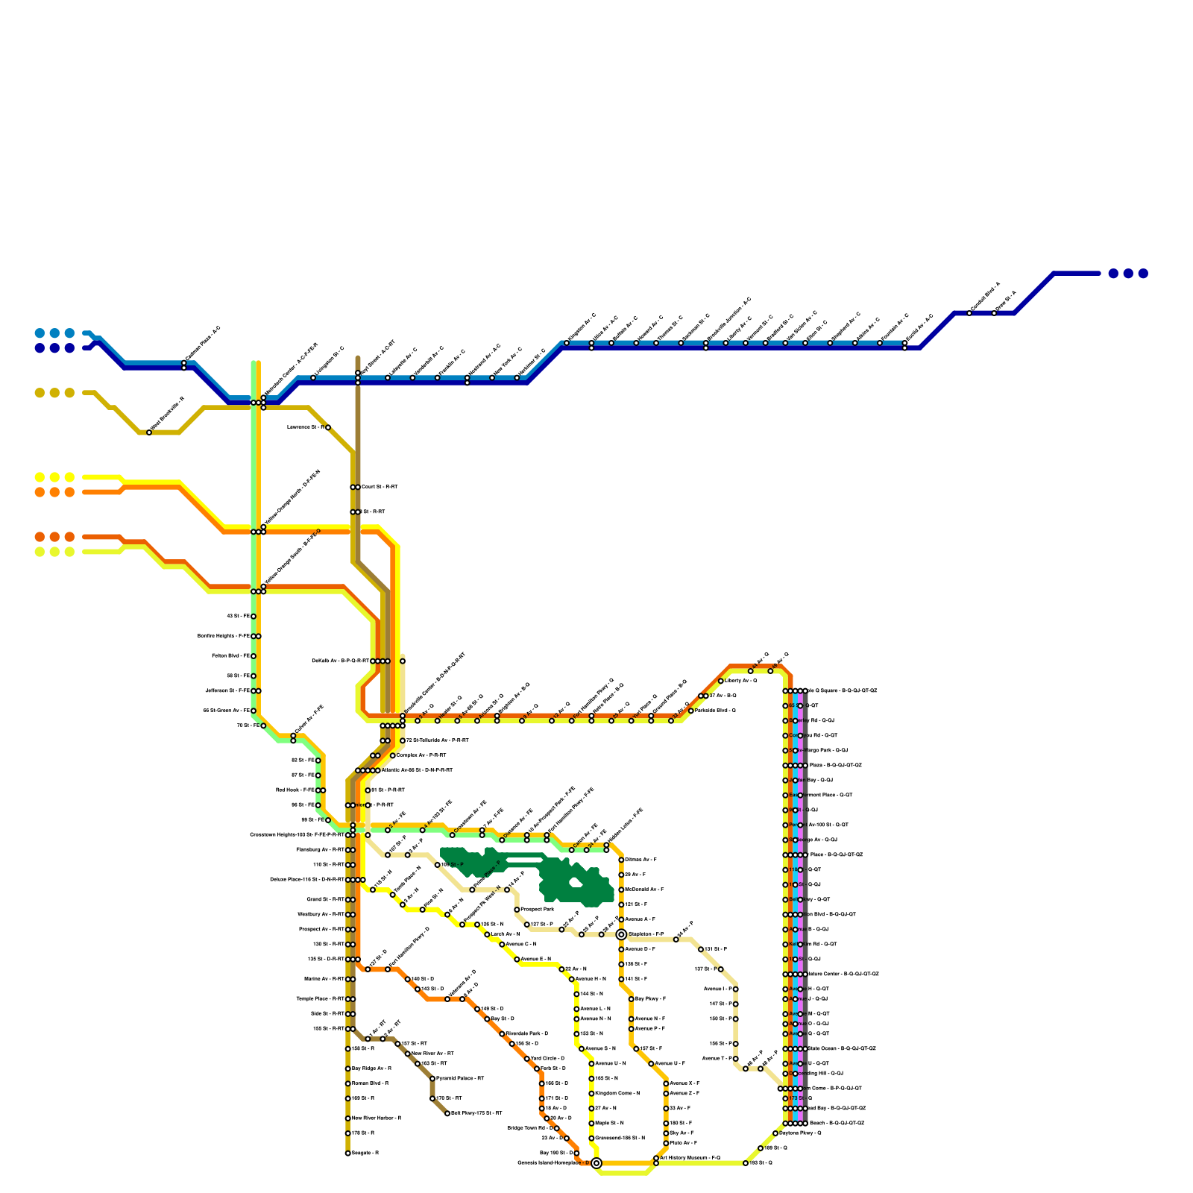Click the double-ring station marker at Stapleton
pos(621,934)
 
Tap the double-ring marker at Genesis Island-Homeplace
pos(596,1163)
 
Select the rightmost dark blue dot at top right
pos(1143,274)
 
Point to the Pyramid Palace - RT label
pos(460,1078)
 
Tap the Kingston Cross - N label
pos(617,1093)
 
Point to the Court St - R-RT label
pos(380,487)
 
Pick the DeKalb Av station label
pos(340,661)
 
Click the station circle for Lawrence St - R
pos(328,427)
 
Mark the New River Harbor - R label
pos(377,1118)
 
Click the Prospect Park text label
pos(538,910)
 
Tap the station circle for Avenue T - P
pos(735,1059)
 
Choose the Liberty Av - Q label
pos(740,681)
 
